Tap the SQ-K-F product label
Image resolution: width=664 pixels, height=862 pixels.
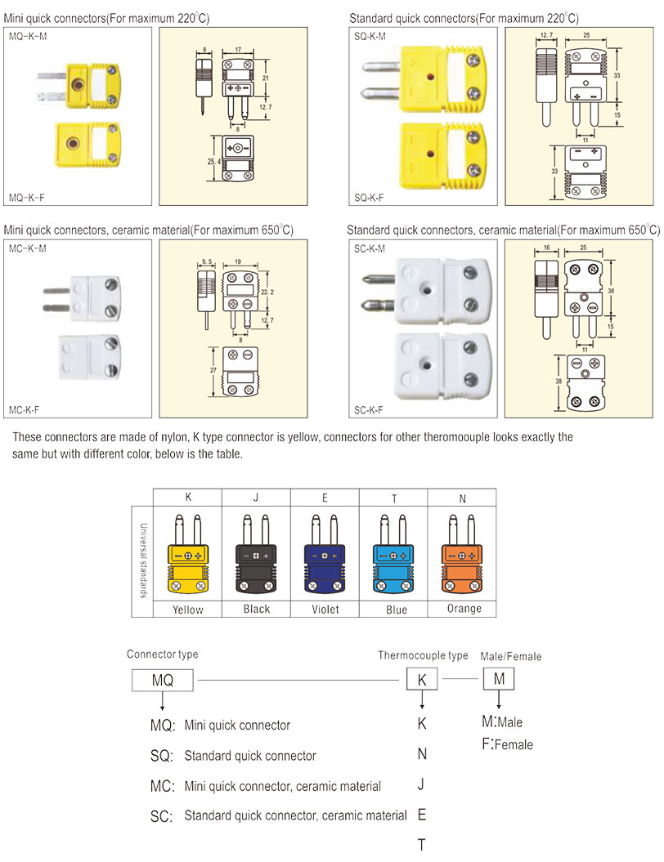point(370,198)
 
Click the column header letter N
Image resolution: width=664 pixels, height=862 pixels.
point(464,496)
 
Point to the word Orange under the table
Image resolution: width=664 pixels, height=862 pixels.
point(464,609)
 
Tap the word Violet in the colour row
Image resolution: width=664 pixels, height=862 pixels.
point(325,610)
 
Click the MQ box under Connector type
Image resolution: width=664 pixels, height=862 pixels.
point(164,680)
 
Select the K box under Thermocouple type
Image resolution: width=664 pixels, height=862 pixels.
point(422,680)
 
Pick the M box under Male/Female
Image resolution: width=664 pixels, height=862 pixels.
point(499,679)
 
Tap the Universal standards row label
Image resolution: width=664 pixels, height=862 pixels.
point(142,560)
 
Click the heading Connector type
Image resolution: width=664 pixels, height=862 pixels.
point(162,654)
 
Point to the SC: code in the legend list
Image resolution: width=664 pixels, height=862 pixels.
point(162,816)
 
